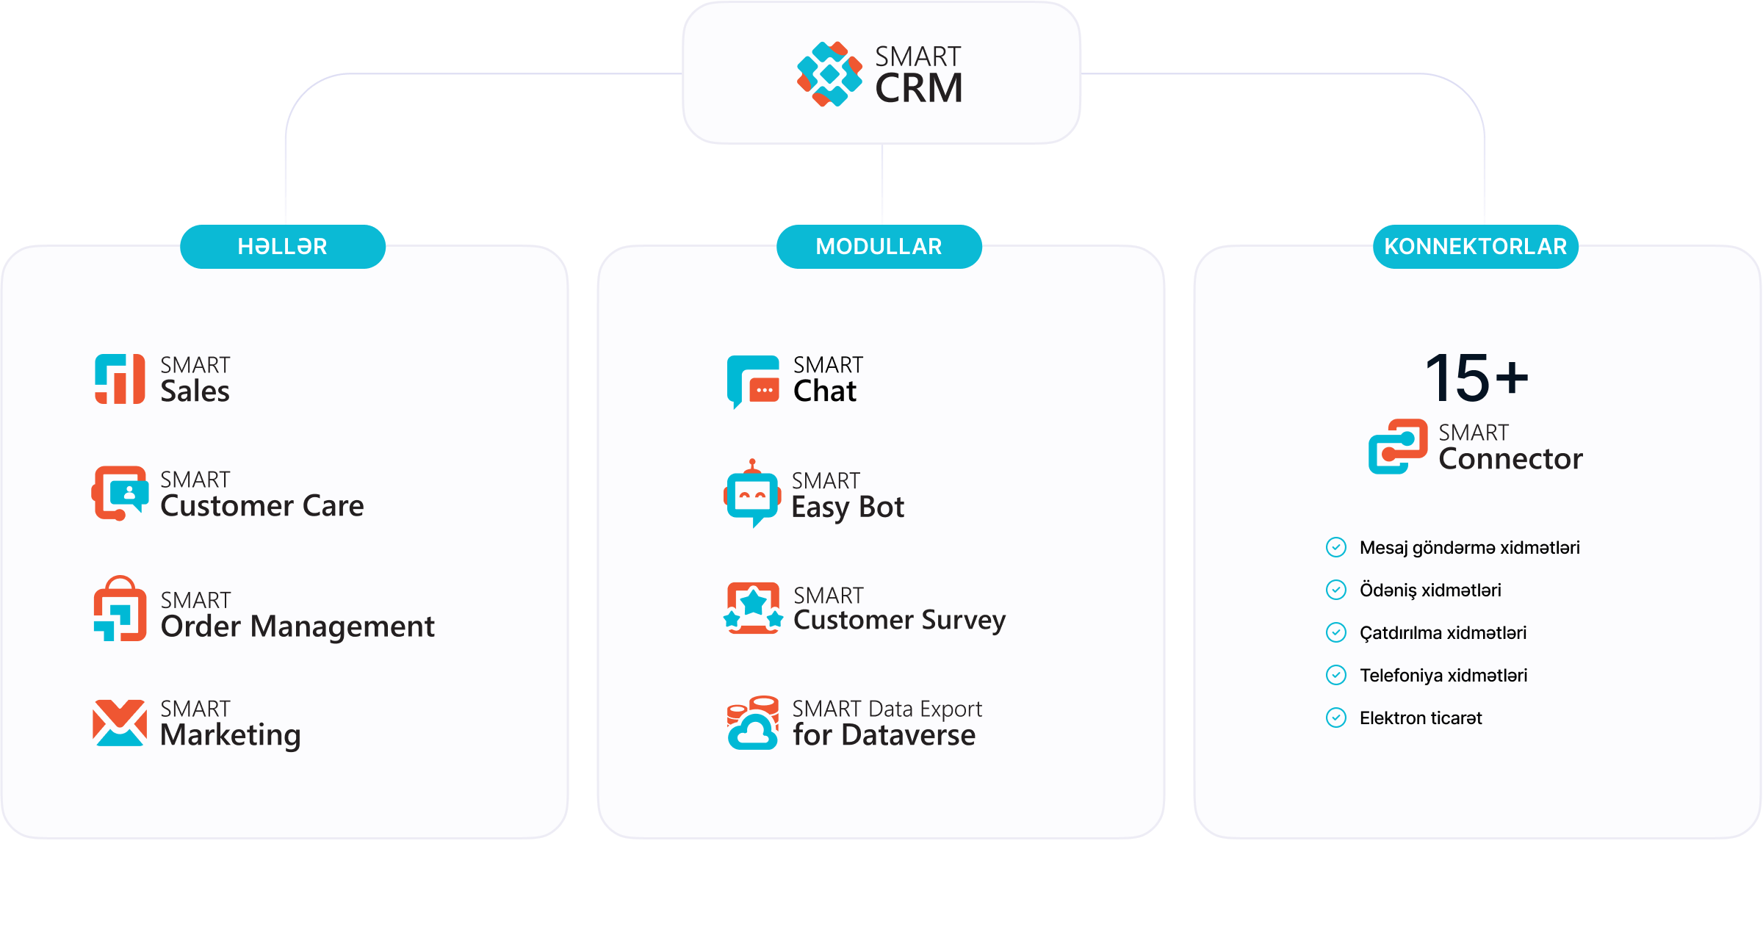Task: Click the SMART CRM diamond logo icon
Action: tap(829, 74)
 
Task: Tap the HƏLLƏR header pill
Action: tap(283, 247)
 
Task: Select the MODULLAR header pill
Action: tap(879, 247)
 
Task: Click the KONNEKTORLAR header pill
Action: tap(1475, 247)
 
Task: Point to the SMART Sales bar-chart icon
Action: tap(120, 379)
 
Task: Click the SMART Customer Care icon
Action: tap(120, 493)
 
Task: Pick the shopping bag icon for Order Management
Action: tap(120, 609)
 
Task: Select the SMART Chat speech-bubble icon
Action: tap(753, 381)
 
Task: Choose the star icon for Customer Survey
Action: tap(753, 608)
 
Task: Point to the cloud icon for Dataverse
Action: tap(752, 723)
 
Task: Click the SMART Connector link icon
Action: tap(1398, 447)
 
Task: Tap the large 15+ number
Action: tap(1477, 378)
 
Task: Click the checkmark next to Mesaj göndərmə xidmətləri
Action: tap(1336, 548)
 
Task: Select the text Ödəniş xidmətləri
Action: tap(1430, 590)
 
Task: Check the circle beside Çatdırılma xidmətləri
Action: tap(1336, 633)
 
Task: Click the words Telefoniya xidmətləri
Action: tap(1443, 676)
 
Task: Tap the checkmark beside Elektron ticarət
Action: tap(1336, 718)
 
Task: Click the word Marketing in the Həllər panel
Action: tap(231, 735)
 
